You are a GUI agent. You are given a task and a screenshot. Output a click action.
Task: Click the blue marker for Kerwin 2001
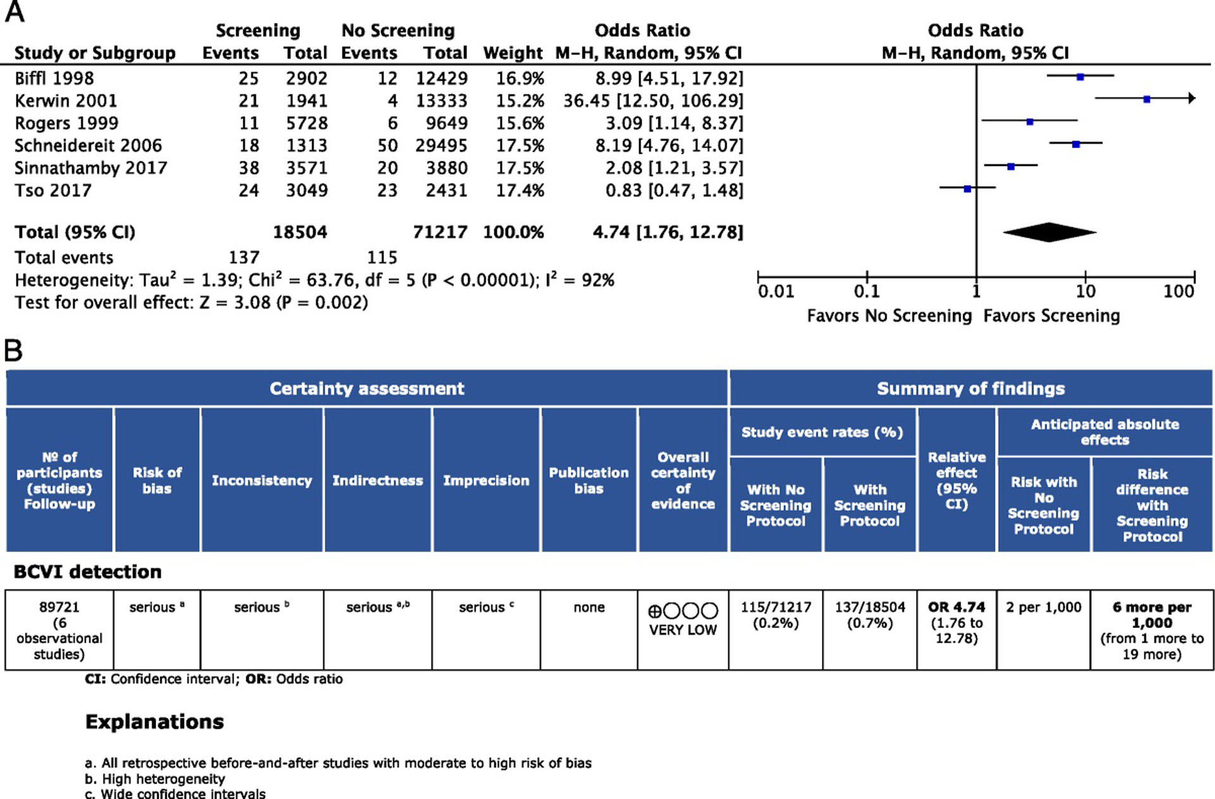[x=1147, y=99]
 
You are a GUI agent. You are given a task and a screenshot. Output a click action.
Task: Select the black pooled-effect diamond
[x=1049, y=232]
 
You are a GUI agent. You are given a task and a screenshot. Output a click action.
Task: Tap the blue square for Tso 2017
[x=967, y=189]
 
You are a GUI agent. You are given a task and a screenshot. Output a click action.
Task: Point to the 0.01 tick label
[x=776, y=291]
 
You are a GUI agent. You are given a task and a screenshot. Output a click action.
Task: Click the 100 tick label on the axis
[x=1178, y=291]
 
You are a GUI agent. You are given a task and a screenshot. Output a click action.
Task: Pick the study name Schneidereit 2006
[x=88, y=146]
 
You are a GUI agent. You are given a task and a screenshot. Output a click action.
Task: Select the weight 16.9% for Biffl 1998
[x=520, y=79]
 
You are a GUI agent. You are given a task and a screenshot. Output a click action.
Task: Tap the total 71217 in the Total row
[x=440, y=232]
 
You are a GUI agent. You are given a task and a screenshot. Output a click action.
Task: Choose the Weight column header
[x=513, y=53]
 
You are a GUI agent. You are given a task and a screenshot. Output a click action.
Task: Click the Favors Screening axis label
[x=1051, y=316]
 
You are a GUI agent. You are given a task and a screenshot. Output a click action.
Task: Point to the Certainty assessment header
[x=366, y=388]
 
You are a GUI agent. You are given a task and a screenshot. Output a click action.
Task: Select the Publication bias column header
[x=589, y=481]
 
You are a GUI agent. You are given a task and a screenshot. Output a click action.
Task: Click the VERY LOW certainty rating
[x=683, y=630]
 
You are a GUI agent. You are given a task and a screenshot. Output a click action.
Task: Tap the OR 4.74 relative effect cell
[x=956, y=607]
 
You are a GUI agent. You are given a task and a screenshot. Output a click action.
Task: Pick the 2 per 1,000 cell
[x=1043, y=607]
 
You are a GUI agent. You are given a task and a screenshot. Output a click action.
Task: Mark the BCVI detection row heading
[x=87, y=572]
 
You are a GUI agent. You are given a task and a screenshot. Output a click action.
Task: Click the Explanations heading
[x=154, y=722]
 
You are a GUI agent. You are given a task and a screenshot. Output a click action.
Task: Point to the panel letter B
[x=13, y=350]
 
